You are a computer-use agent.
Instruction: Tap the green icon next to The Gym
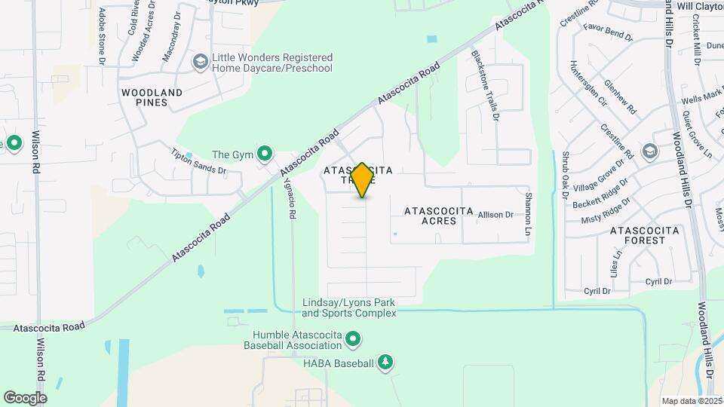click(265, 155)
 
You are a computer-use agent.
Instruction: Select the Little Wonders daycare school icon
click(200, 62)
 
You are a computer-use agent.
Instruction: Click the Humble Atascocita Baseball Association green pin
click(352, 341)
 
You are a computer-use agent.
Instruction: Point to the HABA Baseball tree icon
click(385, 363)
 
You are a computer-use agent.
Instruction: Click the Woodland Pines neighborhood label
click(152, 98)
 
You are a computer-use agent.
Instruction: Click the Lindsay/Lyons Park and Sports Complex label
click(349, 308)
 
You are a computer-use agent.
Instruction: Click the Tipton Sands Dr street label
click(199, 160)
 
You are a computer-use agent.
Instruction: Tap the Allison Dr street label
click(495, 215)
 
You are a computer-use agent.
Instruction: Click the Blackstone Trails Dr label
click(485, 85)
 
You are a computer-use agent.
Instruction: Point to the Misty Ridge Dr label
click(605, 214)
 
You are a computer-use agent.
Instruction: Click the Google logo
click(25, 397)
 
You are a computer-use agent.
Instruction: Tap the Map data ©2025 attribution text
click(692, 401)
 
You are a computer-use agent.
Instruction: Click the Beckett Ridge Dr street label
click(599, 198)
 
